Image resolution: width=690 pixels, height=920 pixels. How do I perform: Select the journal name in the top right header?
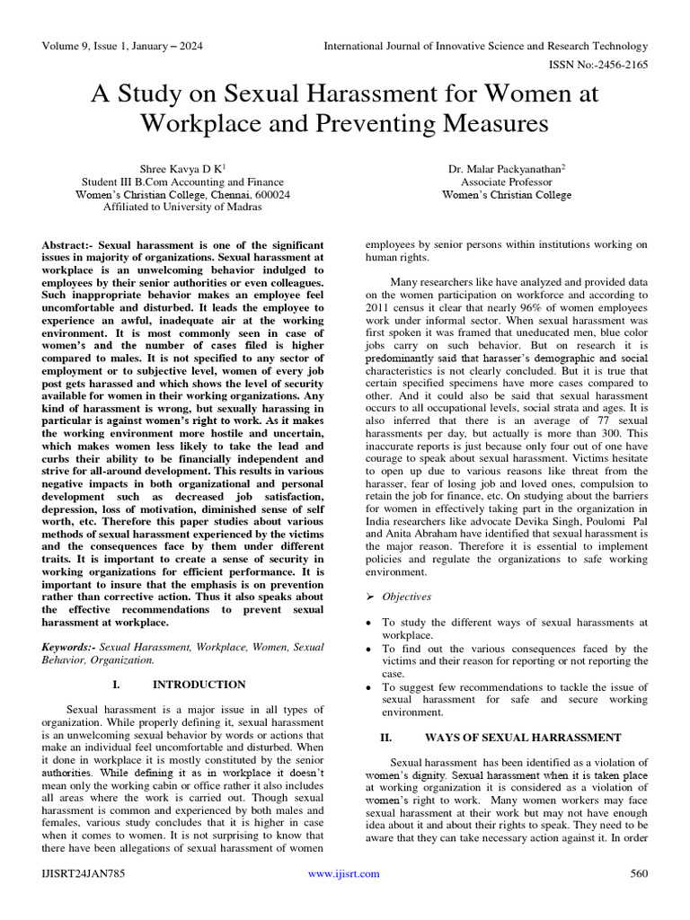coord(485,46)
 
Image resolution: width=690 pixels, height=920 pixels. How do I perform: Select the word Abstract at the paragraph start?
coord(66,244)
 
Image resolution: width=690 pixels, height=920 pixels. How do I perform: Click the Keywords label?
coord(68,647)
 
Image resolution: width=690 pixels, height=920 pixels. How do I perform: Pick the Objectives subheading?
coord(406,597)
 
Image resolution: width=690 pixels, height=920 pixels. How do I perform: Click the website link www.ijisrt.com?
coord(343,873)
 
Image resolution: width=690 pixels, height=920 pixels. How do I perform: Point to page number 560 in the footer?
coord(638,873)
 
